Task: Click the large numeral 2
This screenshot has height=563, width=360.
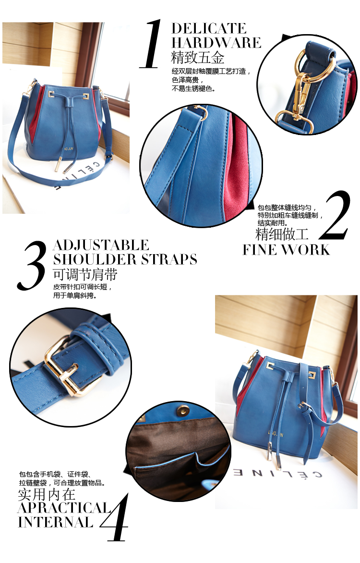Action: click(x=335, y=215)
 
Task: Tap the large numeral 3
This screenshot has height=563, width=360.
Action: click(x=32, y=265)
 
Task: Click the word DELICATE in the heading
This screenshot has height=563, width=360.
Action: click(x=209, y=28)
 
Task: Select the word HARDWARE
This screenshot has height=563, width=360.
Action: click(x=216, y=43)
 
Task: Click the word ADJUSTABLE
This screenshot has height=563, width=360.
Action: click(x=101, y=245)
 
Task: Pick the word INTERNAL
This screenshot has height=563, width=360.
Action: click(x=56, y=522)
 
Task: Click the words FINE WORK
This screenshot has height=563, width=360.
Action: click(x=286, y=250)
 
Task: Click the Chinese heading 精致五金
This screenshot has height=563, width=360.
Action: click(x=198, y=58)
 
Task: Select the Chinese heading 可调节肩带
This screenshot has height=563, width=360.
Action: click(x=85, y=275)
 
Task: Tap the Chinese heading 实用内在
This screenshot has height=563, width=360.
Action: click(x=47, y=494)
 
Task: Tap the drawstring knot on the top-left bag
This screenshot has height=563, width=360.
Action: click(x=69, y=104)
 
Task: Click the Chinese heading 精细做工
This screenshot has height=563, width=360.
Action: click(x=282, y=234)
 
